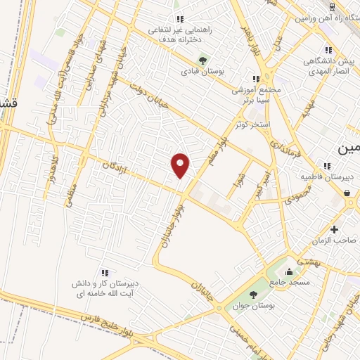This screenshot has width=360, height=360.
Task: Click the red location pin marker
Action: coord(181,165)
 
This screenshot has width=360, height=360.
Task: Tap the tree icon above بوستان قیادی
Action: coord(203,60)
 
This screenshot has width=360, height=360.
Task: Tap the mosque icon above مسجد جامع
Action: coord(288,271)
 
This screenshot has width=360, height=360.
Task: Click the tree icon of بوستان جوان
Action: coord(252,283)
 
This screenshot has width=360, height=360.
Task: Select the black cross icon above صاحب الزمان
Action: coord(334,229)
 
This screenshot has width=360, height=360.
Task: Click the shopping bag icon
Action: coord(347,192)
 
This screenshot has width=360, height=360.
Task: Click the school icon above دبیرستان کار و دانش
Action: coord(105,271)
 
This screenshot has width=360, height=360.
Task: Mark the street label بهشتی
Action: coord(308,259)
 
